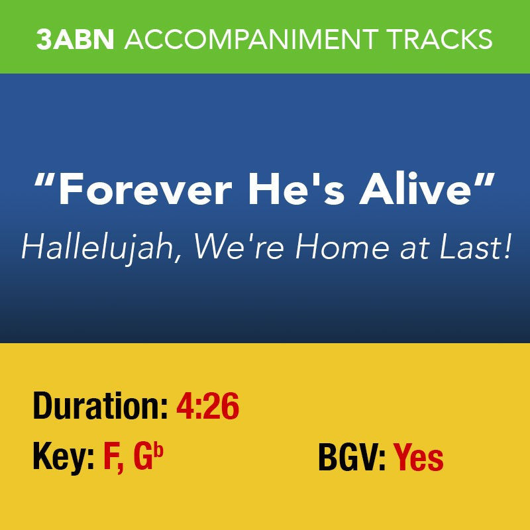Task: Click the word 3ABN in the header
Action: coord(76,39)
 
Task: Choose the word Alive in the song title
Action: coord(409,190)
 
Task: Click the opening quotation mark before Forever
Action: coord(44,180)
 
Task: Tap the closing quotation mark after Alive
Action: coord(486,180)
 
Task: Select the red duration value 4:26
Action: coord(207,407)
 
